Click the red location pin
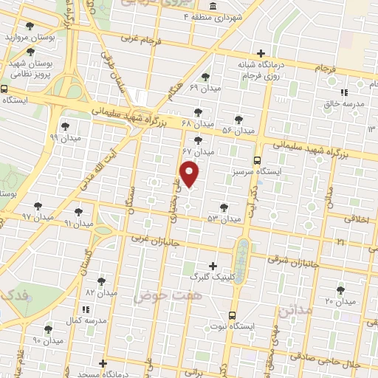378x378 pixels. point(190,173)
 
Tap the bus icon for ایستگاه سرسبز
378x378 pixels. point(258,160)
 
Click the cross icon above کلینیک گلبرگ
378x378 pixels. point(213,266)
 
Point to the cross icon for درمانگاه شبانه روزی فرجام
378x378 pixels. point(261,53)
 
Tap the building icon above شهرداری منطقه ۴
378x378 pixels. point(213,7)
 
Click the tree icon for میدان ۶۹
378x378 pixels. point(205,77)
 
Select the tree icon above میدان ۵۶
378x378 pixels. point(238,119)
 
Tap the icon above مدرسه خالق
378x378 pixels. point(345,93)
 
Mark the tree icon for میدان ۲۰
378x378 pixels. point(340,290)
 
